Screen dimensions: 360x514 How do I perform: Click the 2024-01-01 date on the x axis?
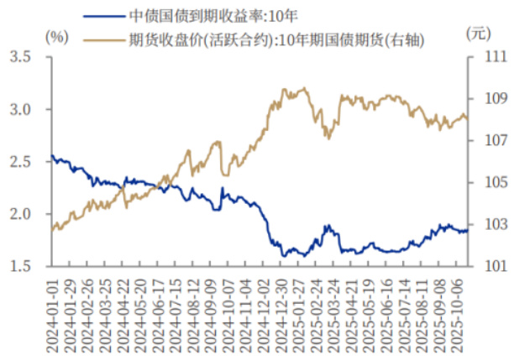click(52, 310)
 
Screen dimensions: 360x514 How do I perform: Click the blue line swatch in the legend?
click(105, 15)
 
